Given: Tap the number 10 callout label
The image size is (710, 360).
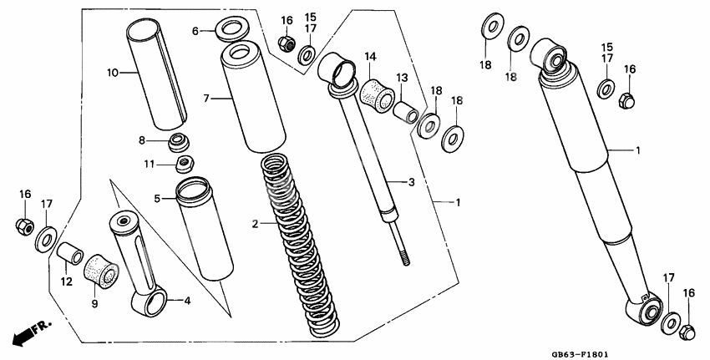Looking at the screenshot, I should point(113,73).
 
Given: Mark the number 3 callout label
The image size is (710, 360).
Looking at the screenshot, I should point(411,181).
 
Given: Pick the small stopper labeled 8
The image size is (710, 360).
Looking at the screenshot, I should point(178,140).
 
